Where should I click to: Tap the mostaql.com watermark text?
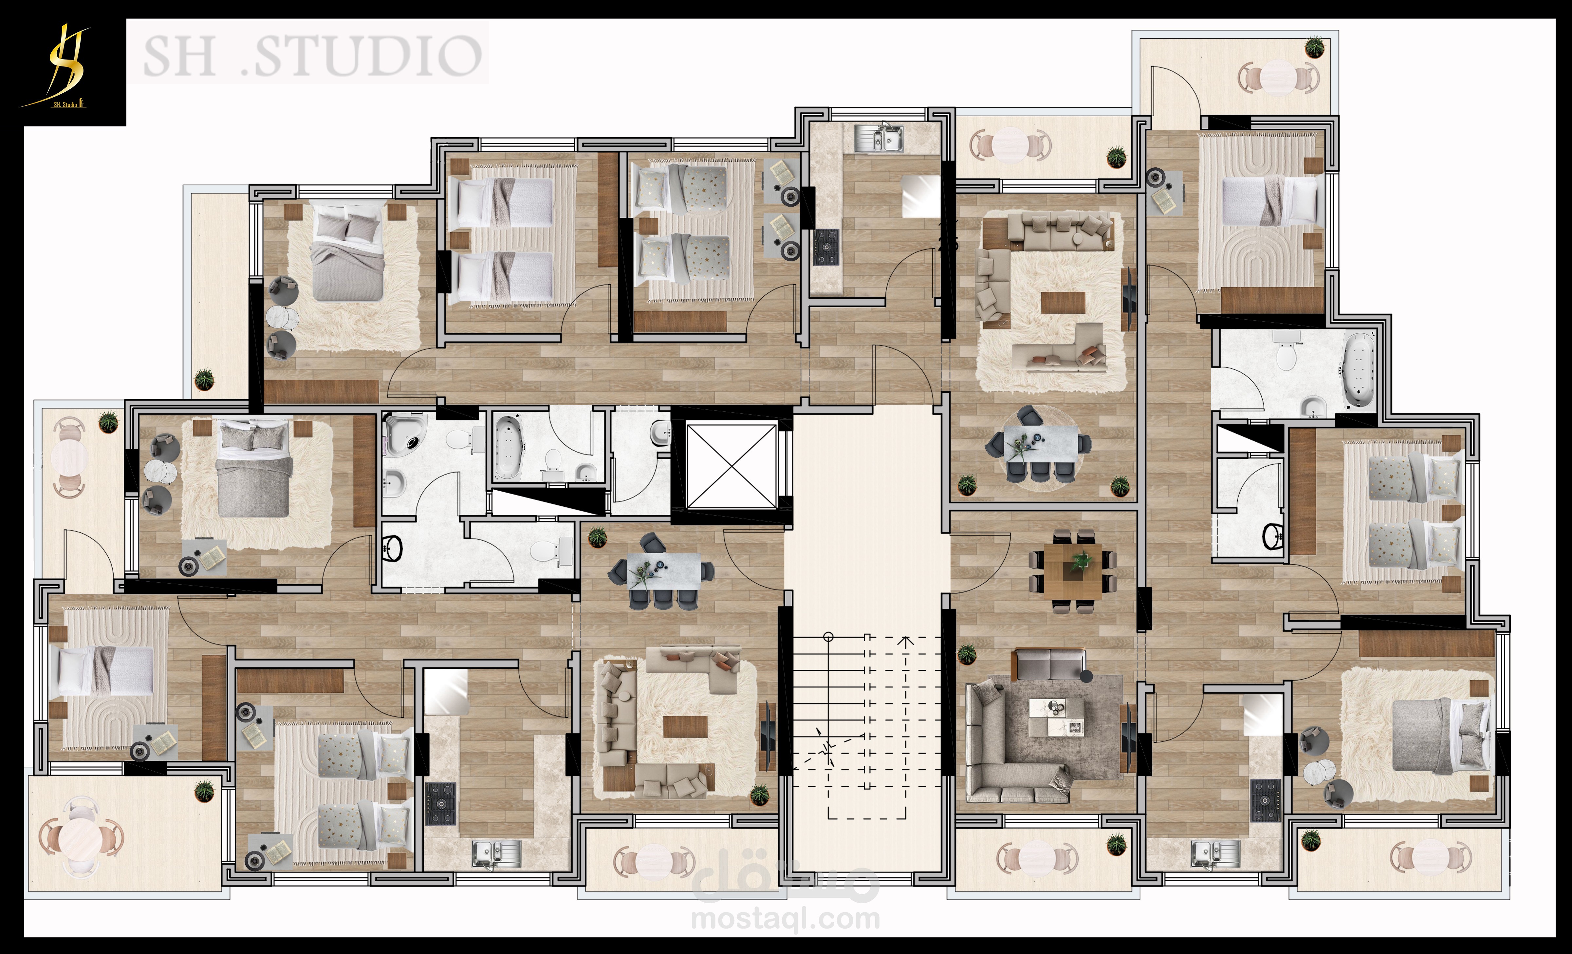[786, 919]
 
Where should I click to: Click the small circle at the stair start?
[828, 636]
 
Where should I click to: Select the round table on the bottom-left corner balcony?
[81, 837]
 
